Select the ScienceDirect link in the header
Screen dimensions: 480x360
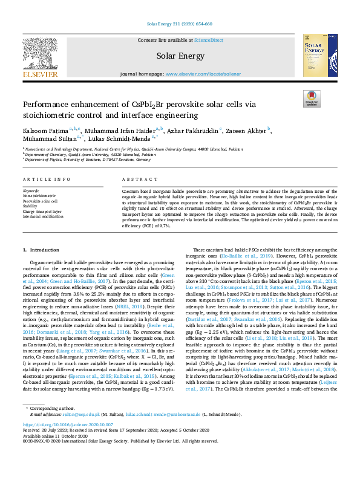click(208, 40)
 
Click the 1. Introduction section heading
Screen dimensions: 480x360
click(42, 250)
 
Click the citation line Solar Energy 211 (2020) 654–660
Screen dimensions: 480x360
click(180, 24)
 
